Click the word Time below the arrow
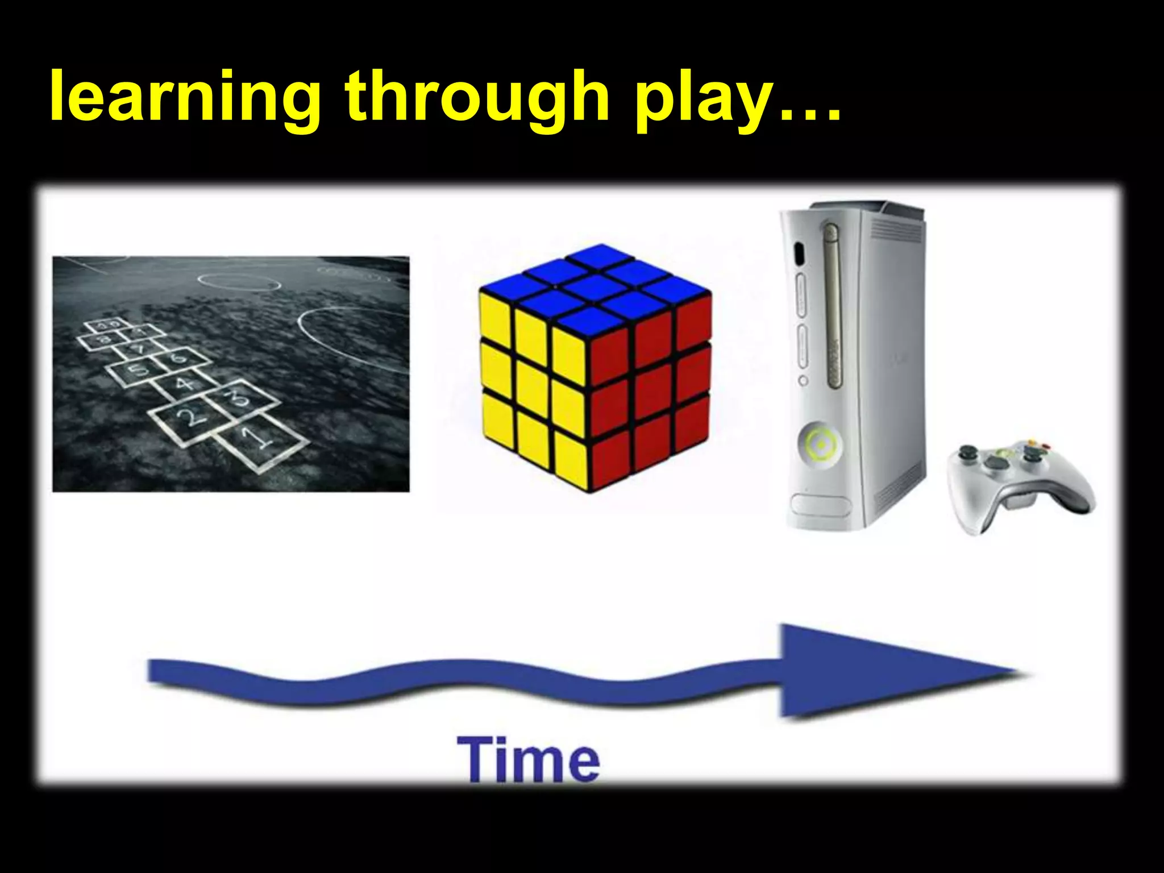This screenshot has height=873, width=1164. click(x=528, y=759)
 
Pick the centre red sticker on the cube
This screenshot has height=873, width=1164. click(x=651, y=375)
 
